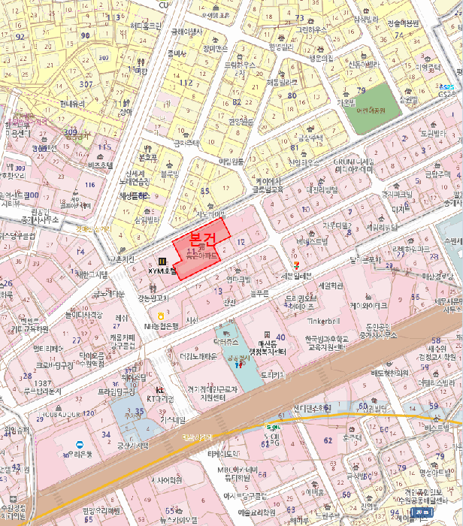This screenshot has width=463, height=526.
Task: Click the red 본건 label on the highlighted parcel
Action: (202, 240)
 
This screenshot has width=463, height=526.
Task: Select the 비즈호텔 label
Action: (99, 165)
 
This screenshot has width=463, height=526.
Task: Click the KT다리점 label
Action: (159, 399)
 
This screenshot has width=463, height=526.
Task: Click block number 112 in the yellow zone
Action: (186, 83)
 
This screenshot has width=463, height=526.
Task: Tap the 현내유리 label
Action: (74, 104)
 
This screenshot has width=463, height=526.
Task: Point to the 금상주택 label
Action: (309, 138)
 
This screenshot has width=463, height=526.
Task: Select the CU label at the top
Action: (163, 5)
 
